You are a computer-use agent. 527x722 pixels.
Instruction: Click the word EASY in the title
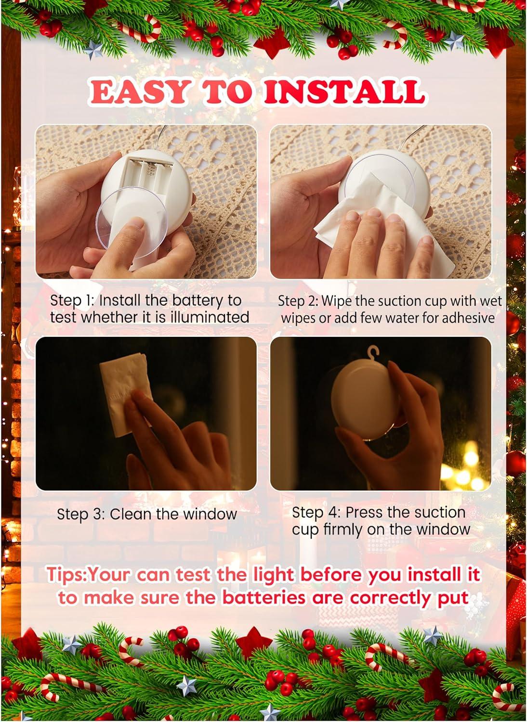coord(137,91)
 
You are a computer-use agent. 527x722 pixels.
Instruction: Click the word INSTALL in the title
coord(344,91)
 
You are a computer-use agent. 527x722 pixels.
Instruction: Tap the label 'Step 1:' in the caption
coord(72,300)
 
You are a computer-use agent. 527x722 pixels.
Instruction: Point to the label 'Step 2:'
coord(298,301)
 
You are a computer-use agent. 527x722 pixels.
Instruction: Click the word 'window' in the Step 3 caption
coord(210,514)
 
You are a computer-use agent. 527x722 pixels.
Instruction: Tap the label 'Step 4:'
coord(316,512)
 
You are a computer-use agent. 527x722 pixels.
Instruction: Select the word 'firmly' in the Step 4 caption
coord(341,529)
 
